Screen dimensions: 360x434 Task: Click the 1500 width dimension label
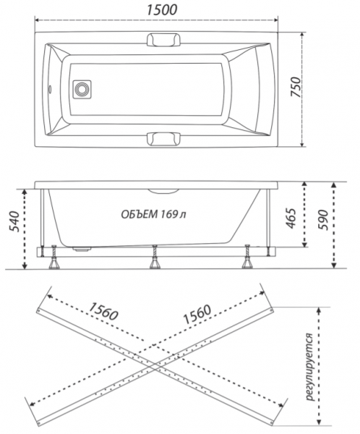[162, 10]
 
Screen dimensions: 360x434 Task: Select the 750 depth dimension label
[296, 87]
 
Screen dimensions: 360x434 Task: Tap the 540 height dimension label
[14, 221]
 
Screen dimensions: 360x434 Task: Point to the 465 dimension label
[291, 218]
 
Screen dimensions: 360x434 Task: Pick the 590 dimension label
[322, 220]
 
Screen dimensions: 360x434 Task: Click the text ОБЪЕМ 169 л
[153, 214]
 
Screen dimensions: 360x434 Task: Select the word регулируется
[310, 367]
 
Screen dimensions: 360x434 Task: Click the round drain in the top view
[82, 89]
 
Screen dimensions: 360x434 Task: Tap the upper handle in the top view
[164, 40]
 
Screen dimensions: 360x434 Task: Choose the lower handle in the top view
[164, 138]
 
